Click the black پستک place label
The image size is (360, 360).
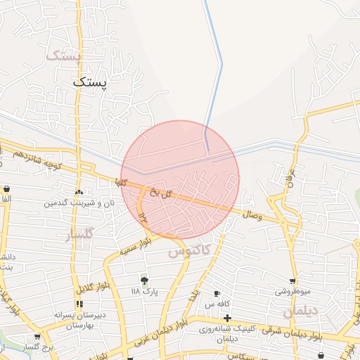(x=92, y=82)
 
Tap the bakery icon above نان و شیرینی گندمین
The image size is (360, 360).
(x=79, y=191)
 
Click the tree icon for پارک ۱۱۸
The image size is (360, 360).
(x=144, y=281)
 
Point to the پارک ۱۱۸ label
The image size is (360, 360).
(x=144, y=290)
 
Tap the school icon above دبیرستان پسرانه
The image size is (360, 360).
(x=79, y=304)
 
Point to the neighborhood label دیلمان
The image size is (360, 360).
(x=301, y=311)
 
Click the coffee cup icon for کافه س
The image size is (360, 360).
(x=217, y=293)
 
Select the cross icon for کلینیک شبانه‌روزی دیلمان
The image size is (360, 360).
(x=227, y=318)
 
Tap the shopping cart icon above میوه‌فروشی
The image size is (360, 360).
(x=292, y=281)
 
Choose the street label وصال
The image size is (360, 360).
(x=252, y=216)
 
